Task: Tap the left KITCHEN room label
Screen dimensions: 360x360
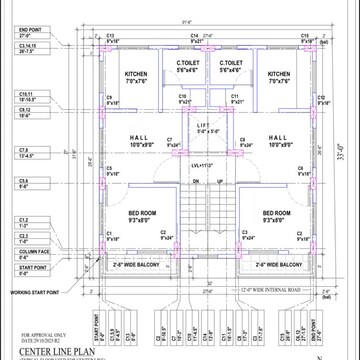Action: [x=135, y=74]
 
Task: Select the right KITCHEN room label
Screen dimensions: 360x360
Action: [x=279, y=74]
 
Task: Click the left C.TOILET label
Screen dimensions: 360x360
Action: [x=186, y=63]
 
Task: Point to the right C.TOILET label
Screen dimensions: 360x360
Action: [x=229, y=63]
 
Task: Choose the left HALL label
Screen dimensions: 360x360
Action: [x=139, y=139]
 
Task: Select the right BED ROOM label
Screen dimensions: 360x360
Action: [x=276, y=213]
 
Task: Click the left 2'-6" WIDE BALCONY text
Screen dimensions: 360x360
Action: [x=138, y=264]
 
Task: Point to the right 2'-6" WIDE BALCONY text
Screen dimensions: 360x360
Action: [x=277, y=264]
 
